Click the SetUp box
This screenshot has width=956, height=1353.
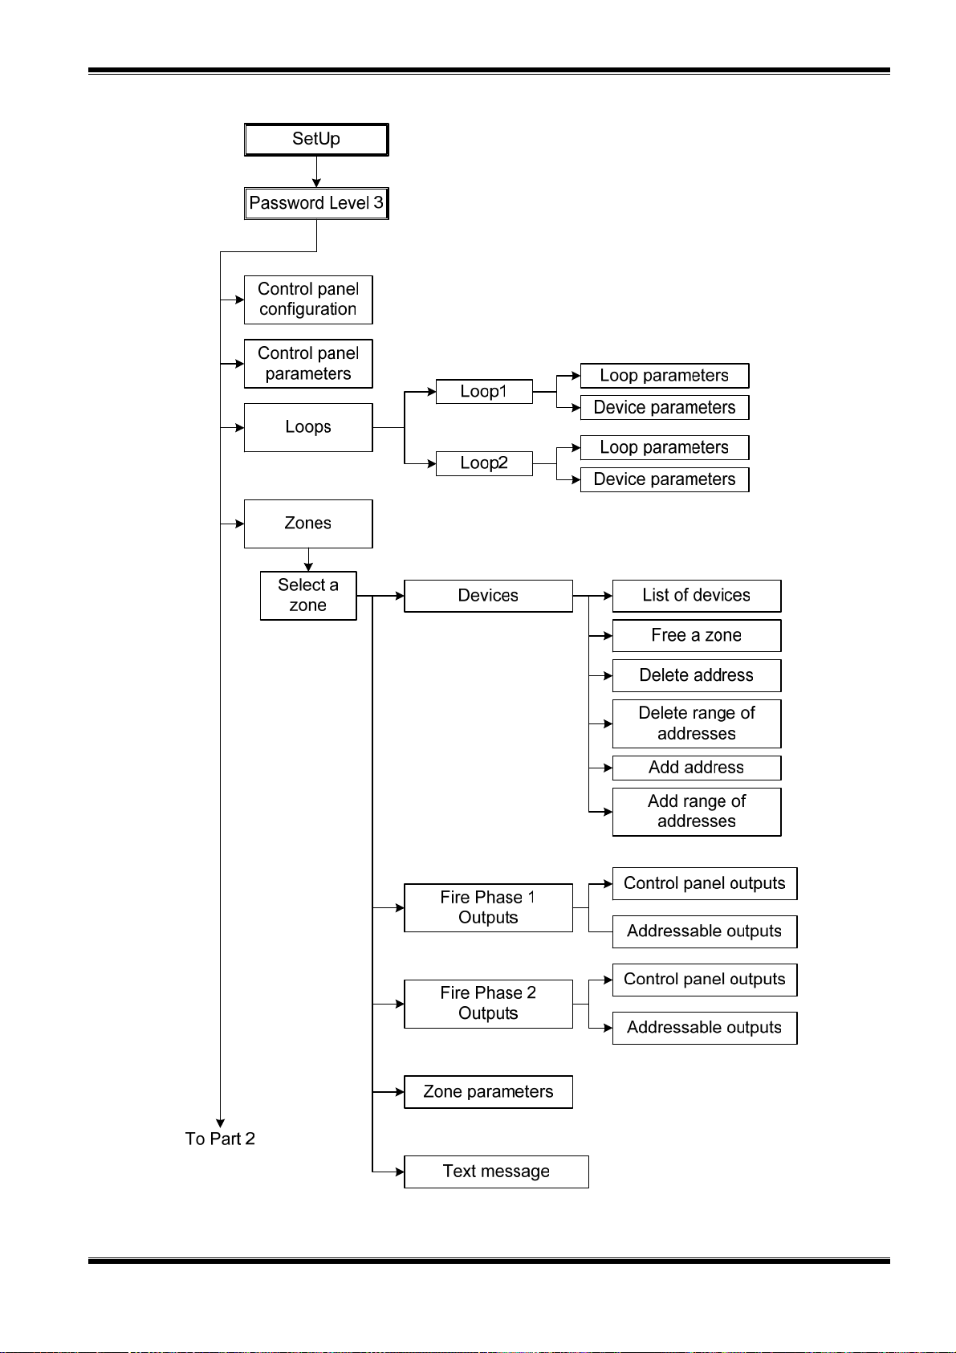click(315, 140)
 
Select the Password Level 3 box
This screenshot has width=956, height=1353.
click(315, 204)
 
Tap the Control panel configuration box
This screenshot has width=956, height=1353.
click(308, 300)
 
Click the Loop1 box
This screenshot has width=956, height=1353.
click(484, 391)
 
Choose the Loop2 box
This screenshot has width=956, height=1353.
click(484, 463)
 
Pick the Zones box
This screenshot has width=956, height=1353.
click(308, 524)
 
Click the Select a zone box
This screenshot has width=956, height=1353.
click(308, 596)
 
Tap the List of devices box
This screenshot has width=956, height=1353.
click(696, 596)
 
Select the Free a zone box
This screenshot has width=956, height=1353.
click(696, 635)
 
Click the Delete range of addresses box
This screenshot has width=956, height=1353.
click(696, 723)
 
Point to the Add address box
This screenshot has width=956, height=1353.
click(696, 768)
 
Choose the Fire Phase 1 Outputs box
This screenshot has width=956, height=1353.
click(488, 907)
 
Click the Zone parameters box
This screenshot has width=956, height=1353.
click(488, 1091)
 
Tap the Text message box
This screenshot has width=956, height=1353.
click(496, 1172)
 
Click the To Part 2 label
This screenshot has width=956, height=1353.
click(220, 1139)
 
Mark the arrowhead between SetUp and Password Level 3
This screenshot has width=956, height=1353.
click(315, 183)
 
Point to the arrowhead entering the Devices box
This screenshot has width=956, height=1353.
click(400, 596)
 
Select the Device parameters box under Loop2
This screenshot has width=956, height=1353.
click(665, 479)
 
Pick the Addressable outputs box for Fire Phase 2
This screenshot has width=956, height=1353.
click(704, 1028)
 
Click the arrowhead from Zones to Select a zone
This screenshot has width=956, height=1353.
click(308, 567)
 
